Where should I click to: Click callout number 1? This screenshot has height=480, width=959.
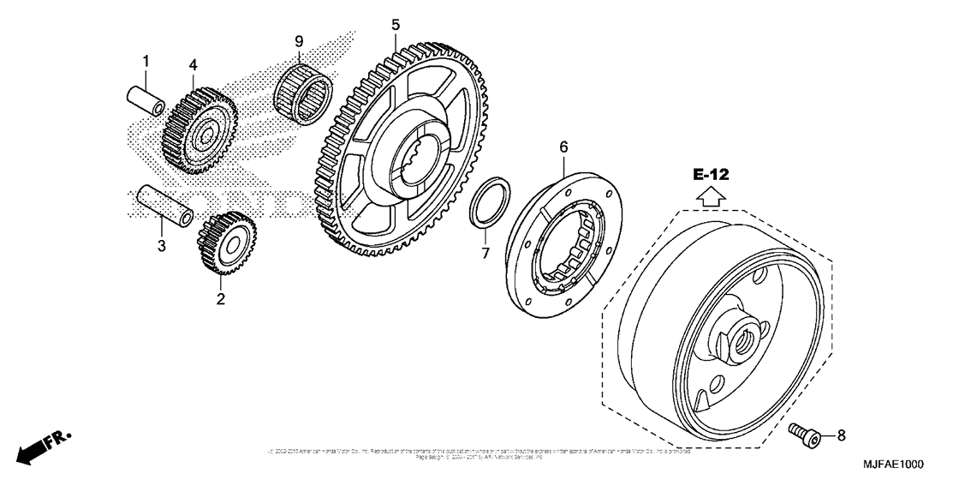pyautogui.click(x=146, y=61)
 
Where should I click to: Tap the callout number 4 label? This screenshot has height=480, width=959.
pyautogui.click(x=194, y=65)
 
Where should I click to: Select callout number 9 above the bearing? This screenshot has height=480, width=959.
pyautogui.click(x=299, y=41)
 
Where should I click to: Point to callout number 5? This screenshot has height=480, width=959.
pyautogui.click(x=395, y=25)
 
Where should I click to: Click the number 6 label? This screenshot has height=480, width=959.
pyautogui.click(x=563, y=147)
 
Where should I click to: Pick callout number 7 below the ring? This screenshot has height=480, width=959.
pyautogui.click(x=484, y=253)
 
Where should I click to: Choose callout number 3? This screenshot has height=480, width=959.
pyautogui.click(x=161, y=248)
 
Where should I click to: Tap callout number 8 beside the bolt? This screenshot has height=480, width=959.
pyautogui.click(x=841, y=435)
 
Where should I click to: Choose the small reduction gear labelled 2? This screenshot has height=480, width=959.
pyautogui.click(x=224, y=243)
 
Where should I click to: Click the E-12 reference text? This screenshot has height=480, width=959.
pyautogui.click(x=711, y=175)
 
